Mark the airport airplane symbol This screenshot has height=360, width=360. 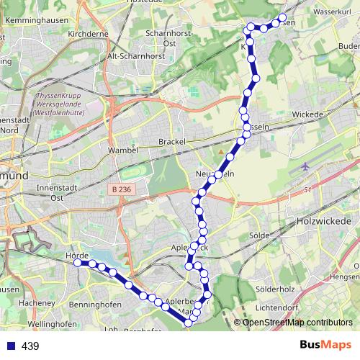pyautogui.click(x=305, y=166)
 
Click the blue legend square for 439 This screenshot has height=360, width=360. pyautogui.click(x=10, y=346)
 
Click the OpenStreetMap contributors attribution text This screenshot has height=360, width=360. pyautogui.click(x=297, y=322)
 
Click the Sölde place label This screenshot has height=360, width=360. pyautogui.click(x=258, y=235)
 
